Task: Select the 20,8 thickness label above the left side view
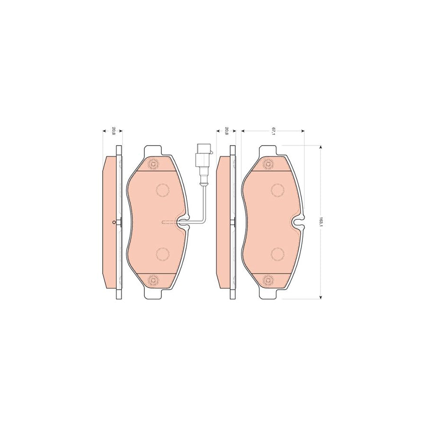tap(113, 132)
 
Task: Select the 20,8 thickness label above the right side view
tap(227, 132)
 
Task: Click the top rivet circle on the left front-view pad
tap(153, 165)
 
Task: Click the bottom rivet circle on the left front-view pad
tap(153, 280)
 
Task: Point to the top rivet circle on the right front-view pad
tap(267, 165)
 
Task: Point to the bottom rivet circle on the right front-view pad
tap(267, 280)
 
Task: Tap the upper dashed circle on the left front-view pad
tap(162, 190)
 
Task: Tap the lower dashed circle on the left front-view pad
tap(162, 255)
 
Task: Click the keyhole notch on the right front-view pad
tap(298, 222)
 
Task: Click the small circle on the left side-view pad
tap(114, 222)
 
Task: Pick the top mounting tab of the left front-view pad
tap(153, 151)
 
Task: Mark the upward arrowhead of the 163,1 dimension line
tap(322, 148)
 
